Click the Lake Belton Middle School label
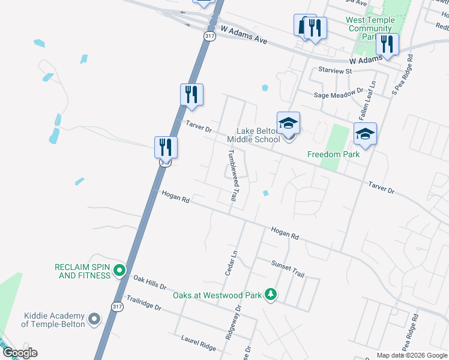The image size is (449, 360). pos(253,135)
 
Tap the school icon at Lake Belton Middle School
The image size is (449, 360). pos(288,123)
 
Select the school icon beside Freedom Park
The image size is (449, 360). pos(365,134)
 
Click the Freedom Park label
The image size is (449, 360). pos(333,154)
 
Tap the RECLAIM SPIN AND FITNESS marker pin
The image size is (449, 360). pos(119,271)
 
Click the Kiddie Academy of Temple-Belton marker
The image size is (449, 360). pos(94,319)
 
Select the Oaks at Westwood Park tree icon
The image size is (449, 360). pos(271,294)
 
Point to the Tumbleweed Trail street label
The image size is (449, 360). pos(229,175)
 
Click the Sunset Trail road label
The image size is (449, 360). pos(288,268)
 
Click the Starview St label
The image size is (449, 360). pos(335,71)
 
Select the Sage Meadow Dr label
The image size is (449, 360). pos(339,94)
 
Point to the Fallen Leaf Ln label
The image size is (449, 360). pos(367,99)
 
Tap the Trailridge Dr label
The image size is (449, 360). pos(141,302)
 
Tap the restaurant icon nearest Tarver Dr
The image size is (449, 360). pos(191,94)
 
